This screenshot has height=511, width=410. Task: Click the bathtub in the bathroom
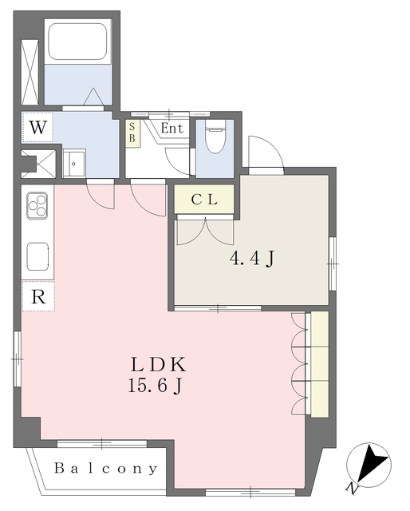[x=77, y=43]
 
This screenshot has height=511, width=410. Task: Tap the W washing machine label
[x=37, y=126]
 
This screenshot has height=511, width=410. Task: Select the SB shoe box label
[x=132, y=133]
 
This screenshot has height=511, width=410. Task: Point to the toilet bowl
[x=214, y=141]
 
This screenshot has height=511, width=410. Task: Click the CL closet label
[x=204, y=200]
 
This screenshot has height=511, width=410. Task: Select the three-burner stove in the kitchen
[x=37, y=206]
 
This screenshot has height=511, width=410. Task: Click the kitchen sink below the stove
[x=37, y=256]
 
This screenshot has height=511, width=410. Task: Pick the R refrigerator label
[x=37, y=296]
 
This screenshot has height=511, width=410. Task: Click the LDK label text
[x=159, y=366]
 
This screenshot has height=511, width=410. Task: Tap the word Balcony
[x=106, y=469]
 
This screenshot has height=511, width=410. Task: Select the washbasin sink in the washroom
[x=76, y=163]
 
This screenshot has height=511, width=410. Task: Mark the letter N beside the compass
[x=352, y=487]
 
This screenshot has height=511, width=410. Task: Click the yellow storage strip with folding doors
[x=319, y=363]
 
